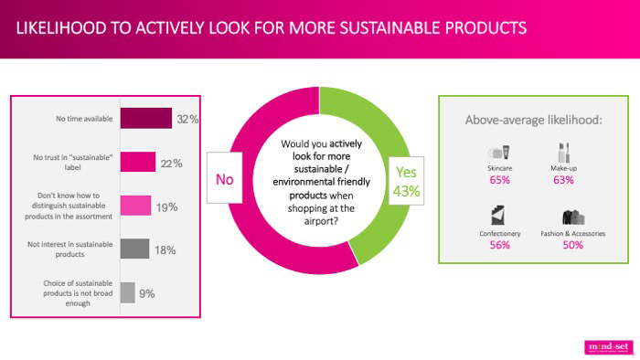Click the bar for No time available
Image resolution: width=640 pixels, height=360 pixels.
coord(145,119)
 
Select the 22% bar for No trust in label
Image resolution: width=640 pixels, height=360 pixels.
coord(138,163)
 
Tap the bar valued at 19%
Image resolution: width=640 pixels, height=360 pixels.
coord(135,206)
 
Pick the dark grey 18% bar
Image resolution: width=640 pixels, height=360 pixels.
coord(134,249)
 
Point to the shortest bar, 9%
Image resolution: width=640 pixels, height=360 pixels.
coord(128,292)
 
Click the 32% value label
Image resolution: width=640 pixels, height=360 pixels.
coord(187,119)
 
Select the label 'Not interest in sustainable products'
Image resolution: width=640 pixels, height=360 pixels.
coord(77,249)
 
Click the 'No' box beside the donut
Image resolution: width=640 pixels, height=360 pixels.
coord(225,179)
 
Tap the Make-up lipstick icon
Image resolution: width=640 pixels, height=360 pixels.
coord(562,151)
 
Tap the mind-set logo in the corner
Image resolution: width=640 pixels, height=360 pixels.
coord(606,346)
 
